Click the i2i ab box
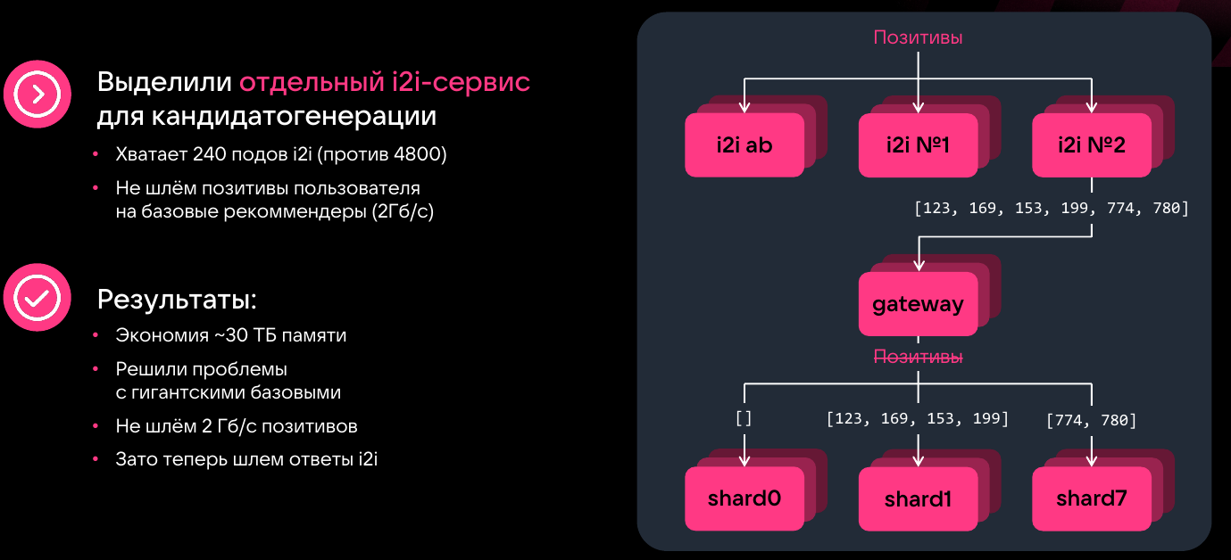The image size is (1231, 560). (744, 144)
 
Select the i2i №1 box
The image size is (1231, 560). (918, 144)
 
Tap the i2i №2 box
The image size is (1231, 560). (1091, 144)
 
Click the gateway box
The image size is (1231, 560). (918, 304)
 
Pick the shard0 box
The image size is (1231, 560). (744, 498)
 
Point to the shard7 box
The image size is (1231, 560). (1091, 498)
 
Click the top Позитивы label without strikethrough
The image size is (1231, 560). (918, 37)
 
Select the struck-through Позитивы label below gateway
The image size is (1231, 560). (918, 357)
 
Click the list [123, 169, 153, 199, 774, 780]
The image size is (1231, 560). (1051, 208)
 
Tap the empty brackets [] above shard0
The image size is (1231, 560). (744, 417)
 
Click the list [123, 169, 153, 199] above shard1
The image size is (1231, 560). (918, 417)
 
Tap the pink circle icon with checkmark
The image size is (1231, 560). (37, 298)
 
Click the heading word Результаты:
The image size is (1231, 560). (177, 300)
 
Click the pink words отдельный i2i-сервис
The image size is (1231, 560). (385, 82)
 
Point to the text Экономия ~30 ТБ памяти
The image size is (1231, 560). (230, 335)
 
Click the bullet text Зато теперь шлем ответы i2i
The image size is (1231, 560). (246, 459)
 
